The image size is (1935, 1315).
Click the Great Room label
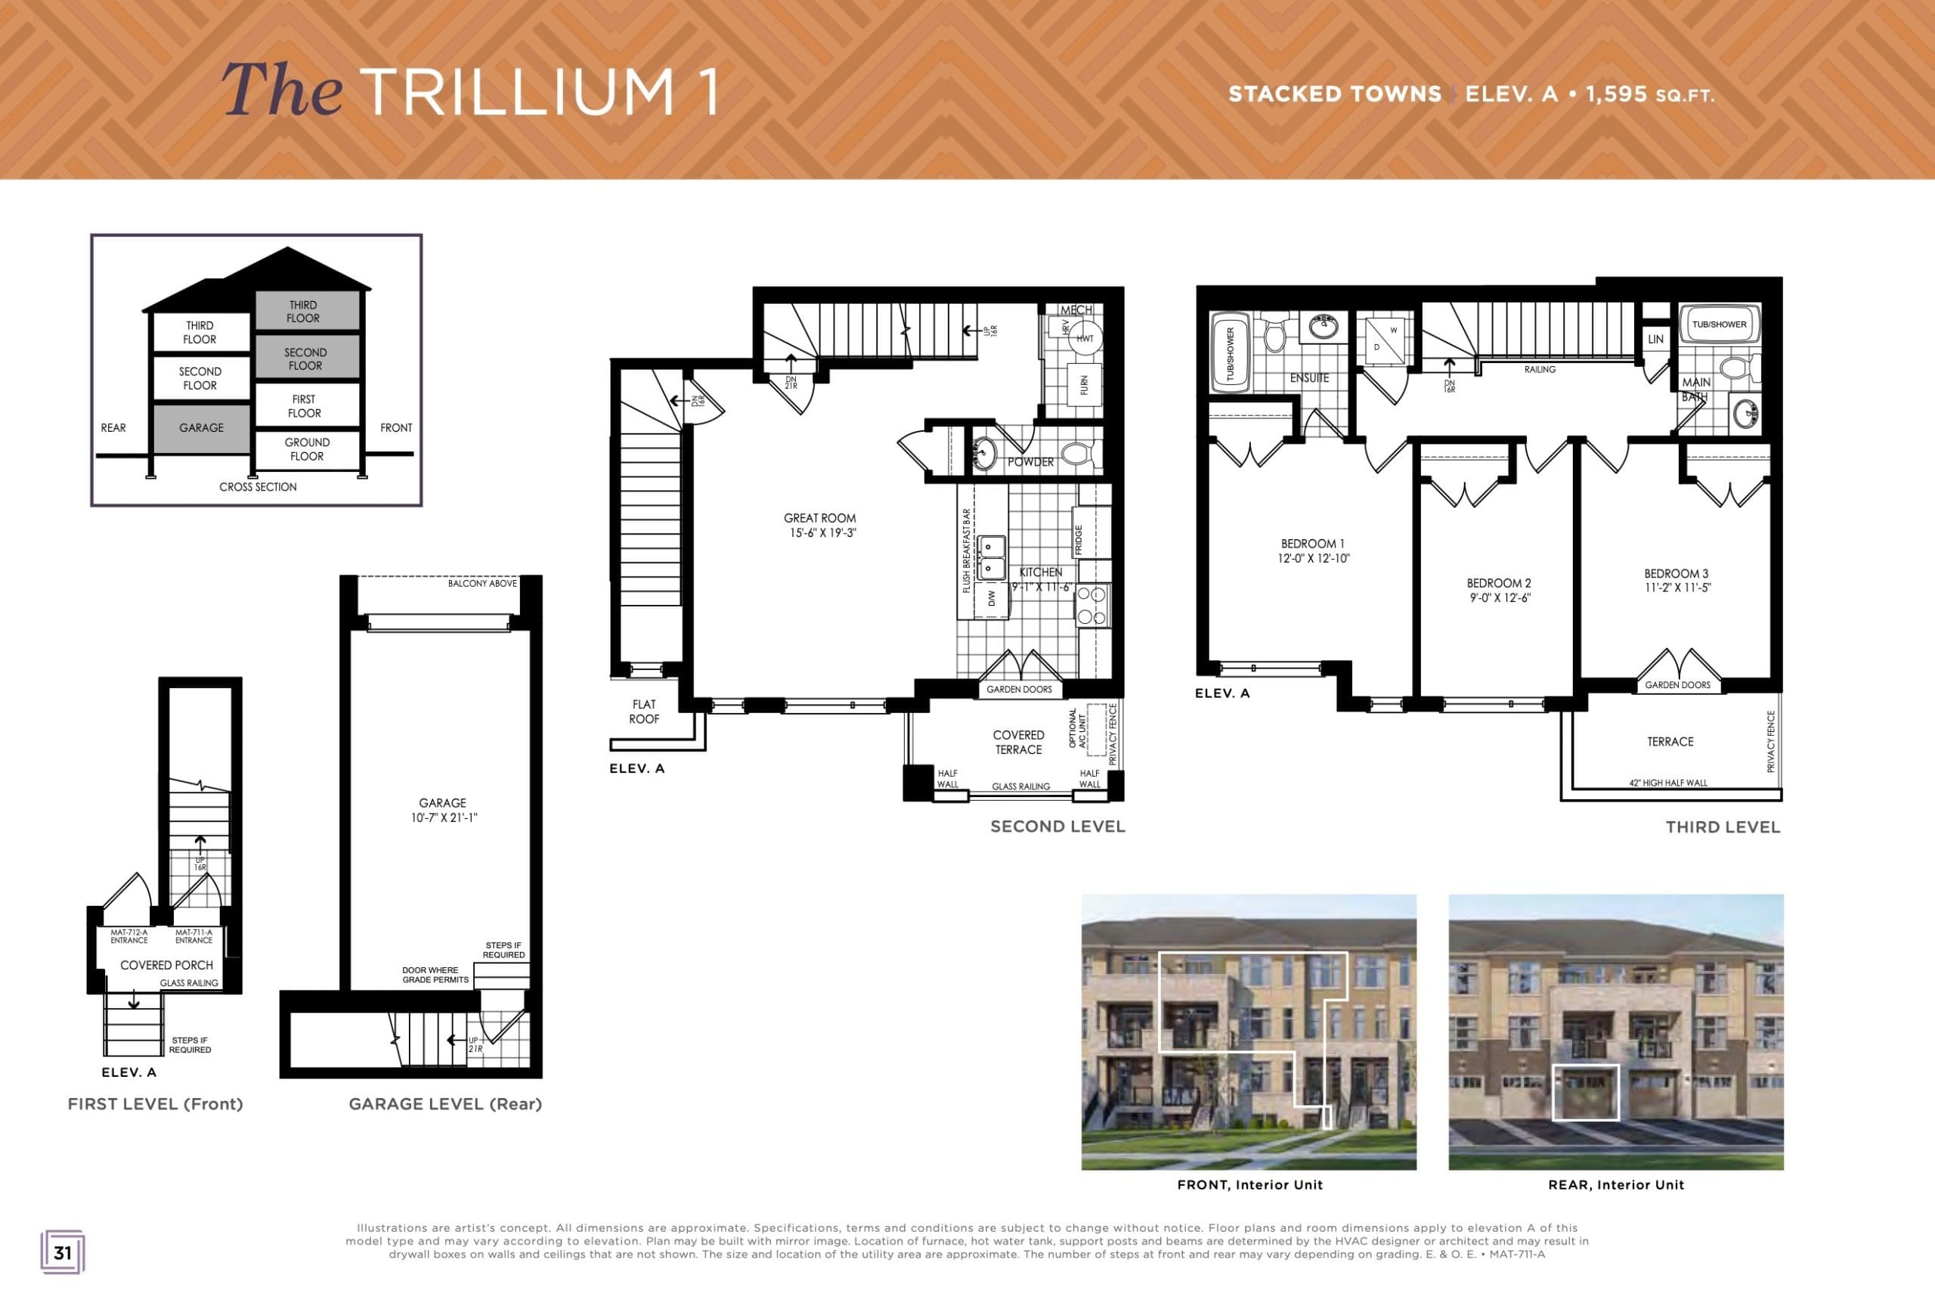819,518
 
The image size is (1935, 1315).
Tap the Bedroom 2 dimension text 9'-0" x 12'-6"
1500,597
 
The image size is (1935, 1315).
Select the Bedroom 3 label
1676,573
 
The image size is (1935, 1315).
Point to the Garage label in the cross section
202,427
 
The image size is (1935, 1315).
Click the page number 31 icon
63,1252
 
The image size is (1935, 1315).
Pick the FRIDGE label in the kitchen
1079,540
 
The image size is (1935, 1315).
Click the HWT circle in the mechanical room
1085,339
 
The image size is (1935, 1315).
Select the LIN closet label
1655,339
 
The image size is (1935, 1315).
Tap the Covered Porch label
166,964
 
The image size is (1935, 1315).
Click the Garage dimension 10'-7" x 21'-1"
444,818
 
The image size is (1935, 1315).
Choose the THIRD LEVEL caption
1723,827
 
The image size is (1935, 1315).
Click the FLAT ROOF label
643,712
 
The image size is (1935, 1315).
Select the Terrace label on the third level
1670,741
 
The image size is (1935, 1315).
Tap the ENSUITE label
1309,378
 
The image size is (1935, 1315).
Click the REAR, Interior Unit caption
1615,1184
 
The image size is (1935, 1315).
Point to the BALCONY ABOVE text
482,584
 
